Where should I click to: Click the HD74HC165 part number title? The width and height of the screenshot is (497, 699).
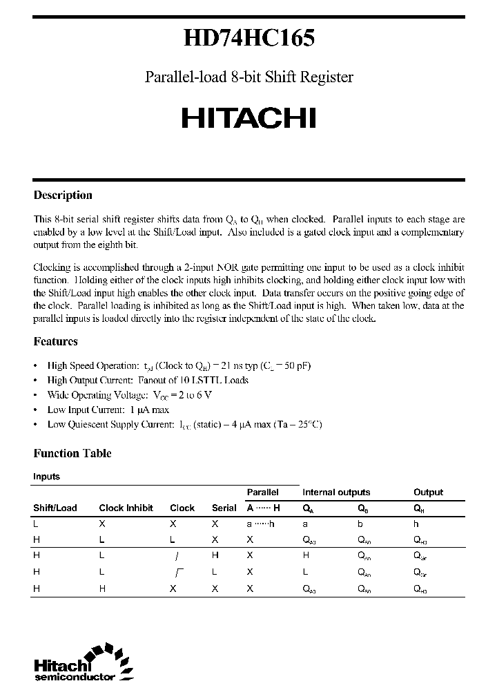click(x=248, y=39)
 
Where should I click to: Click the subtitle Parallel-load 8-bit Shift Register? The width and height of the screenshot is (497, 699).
click(x=248, y=77)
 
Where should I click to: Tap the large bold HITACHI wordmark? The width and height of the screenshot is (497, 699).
click(x=248, y=118)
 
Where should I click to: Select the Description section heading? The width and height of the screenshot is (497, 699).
click(x=63, y=195)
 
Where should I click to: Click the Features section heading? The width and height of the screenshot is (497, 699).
click(x=55, y=341)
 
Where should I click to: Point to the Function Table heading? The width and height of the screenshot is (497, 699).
click(x=72, y=453)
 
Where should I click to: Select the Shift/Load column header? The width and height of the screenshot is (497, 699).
click(x=55, y=508)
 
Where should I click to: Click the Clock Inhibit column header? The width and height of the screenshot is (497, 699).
click(x=126, y=508)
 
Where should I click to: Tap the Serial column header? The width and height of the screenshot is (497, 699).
click(x=224, y=508)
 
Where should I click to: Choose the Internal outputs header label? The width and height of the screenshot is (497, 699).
click(x=336, y=492)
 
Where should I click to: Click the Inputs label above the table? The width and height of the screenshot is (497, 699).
click(x=46, y=477)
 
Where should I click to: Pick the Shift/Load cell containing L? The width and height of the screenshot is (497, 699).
click(x=36, y=524)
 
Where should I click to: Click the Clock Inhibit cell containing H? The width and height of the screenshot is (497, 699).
click(x=101, y=588)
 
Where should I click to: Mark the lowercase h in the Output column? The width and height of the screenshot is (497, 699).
click(x=416, y=524)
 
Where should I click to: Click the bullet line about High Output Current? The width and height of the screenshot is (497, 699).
click(x=148, y=380)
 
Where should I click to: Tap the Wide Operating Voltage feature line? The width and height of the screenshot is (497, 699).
click(x=129, y=395)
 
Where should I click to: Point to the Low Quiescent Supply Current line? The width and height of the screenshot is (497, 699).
click(x=184, y=424)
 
